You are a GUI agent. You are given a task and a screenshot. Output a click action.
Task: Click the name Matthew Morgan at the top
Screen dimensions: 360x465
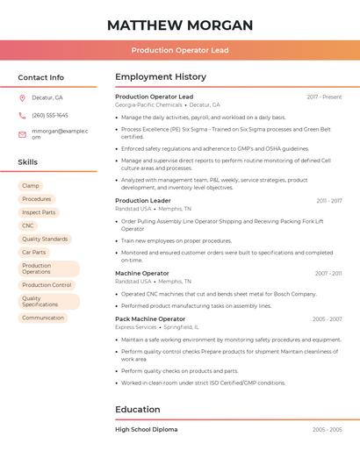pyautogui.click(x=179, y=25)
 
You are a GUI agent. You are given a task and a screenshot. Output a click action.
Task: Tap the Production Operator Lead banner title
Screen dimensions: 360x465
pyautogui.click(x=179, y=50)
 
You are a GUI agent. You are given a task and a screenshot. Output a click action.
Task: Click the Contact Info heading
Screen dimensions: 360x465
pyautogui.click(x=41, y=77)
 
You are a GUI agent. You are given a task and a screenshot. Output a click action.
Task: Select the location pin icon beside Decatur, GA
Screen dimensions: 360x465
pyautogui.click(x=22, y=97)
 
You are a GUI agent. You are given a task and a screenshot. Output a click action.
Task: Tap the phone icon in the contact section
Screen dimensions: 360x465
pyautogui.click(x=22, y=115)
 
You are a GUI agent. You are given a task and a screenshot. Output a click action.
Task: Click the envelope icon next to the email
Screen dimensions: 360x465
pyautogui.click(x=22, y=134)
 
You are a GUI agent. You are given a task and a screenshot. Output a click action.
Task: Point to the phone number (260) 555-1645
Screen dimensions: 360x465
pyautogui.click(x=50, y=115)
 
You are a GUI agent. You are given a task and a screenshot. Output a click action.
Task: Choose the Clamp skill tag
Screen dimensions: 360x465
pyautogui.click(x=31, y=186)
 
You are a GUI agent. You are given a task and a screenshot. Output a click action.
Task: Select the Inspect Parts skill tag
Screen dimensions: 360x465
pyautogui.click(x=39, y=212)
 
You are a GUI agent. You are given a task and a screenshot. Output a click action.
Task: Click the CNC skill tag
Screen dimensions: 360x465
pyautogui.click(x=28, y=225)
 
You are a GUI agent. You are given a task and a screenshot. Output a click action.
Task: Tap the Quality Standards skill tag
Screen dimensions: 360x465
pyautogui.click(x=45, y=239)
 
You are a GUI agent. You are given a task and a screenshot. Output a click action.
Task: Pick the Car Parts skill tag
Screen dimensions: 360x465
pyautogui.click(x=34, y=252)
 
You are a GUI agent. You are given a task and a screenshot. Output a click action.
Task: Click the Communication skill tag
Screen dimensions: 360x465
pyautogui.click(x=43, y=318)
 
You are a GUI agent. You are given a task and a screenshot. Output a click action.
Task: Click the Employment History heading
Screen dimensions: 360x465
pyautogui.click(x=161, y=77)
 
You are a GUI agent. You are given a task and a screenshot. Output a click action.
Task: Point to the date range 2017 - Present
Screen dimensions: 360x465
pyautogui.click(x=324, y=97)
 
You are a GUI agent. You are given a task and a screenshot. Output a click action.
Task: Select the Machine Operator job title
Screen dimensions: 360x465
pyautogui.click(x=142, y=273)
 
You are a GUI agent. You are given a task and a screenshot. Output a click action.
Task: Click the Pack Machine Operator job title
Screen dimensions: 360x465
pyautogui.click(x=150, y=318)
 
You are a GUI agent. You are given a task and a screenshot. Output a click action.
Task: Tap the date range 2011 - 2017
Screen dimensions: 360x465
pyautogui.click(x=329, y=201)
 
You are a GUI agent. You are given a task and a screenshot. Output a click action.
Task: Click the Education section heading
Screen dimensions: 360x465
pyautogui.click(x=138, y=409)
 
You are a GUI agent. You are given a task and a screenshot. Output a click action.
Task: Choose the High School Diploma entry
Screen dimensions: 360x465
pyautogui.click(x=146, y=429)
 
